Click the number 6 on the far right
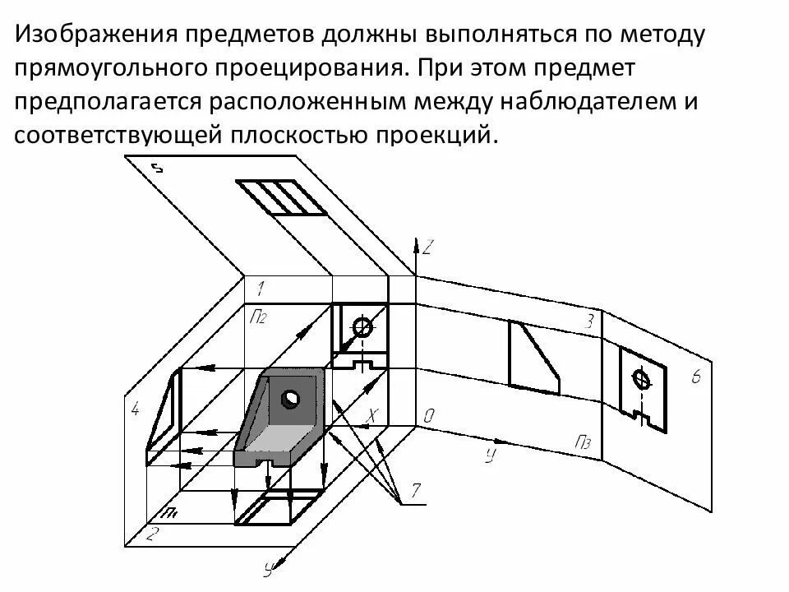point(695,377)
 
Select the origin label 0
point(428,417)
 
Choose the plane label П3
point(584,444)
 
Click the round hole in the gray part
point(291,400)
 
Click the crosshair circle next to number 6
point(641,380)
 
